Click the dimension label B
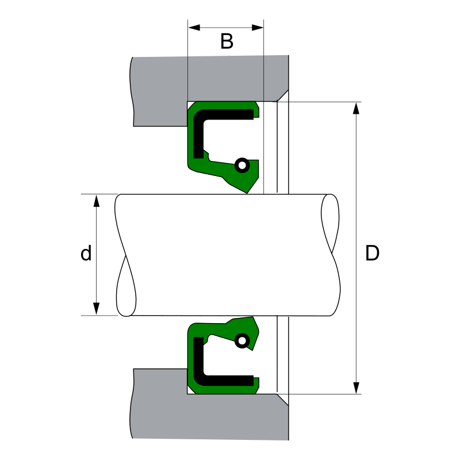227,41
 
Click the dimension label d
86,254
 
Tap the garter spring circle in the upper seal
242,166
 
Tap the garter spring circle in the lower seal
242,341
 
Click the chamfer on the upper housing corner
282,95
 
